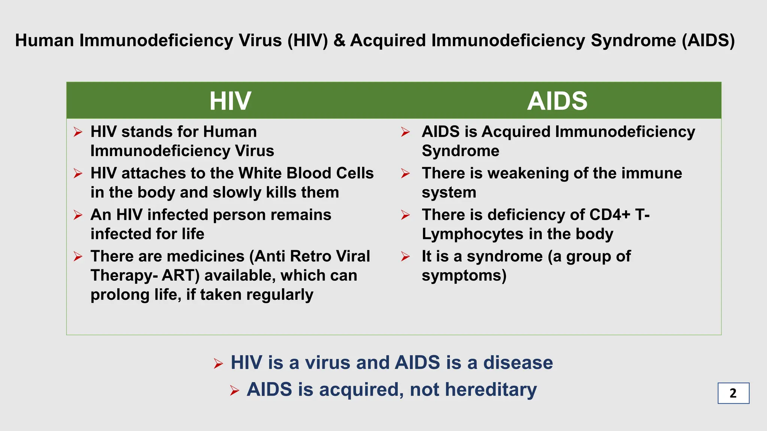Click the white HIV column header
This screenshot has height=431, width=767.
coord(230,101)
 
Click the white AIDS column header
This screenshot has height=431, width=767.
coord(557,101)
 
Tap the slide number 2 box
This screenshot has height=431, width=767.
coord(733,393)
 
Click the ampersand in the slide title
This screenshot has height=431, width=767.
coord(339,40)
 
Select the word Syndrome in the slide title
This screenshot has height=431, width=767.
coord(633,40)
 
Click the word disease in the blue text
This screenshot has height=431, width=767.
coord(518,363)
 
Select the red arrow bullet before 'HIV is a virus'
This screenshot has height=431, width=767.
coord(218,363)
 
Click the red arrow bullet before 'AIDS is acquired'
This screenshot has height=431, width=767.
coord(234,391)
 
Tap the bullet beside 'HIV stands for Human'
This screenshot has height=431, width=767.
coord(78,132)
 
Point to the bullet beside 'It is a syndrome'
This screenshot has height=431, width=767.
coord(405,257)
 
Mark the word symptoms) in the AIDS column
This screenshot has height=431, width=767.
coord(464,276)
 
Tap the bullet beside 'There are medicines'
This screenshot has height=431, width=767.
coord(78,257)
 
